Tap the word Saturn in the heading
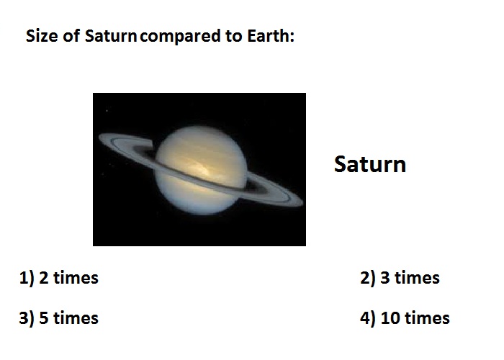pyautogui.click(x=111, y=35)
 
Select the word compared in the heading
pyautogui.click(x=181, y=36)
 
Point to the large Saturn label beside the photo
pyautogui.click(x=370, y=164)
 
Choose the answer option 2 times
pyautogui.click(x=68, y=278)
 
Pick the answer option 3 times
pyautogui.click(x=410, y=278)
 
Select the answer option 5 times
pyautogui.click(x=68, y=318)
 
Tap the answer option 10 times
pyautogui.click(x=415, y=318)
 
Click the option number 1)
pyautogui.click(x=27, y=278)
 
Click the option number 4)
pyautogui.click(x=367, y=318)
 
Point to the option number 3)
pyautogui.click(x=27, y=318)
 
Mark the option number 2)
pyautogui.click(x=367, y=278)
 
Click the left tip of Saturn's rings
pyautogui.click(x=99, y=138)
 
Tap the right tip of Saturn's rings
pyautogui.click(x=302, y=202)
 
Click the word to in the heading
pyautogui.click(x=234, y=36)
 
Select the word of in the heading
pyautogui.click(x=71, y=35)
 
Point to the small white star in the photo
pyautogui.click(x=107, y=111)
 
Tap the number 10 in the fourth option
pyautogui.click(x=391, y=318)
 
